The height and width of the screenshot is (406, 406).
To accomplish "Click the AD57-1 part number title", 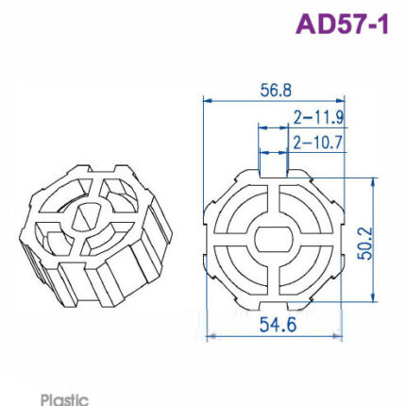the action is [342, 25].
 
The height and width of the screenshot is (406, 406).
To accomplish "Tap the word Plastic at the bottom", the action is [64, 399].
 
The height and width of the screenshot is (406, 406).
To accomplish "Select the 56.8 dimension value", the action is [276, 91].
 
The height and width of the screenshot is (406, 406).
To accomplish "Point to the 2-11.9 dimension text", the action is [318, 118].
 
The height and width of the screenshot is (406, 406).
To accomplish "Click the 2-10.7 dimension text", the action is [317, 143].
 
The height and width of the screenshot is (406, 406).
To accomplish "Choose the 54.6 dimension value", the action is [278, 325].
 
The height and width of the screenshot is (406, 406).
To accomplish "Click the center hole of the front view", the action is [274, 239].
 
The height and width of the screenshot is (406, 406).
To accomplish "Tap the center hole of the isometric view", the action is [86, 216].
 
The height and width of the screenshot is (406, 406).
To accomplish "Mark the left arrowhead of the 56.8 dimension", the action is [207, 101].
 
